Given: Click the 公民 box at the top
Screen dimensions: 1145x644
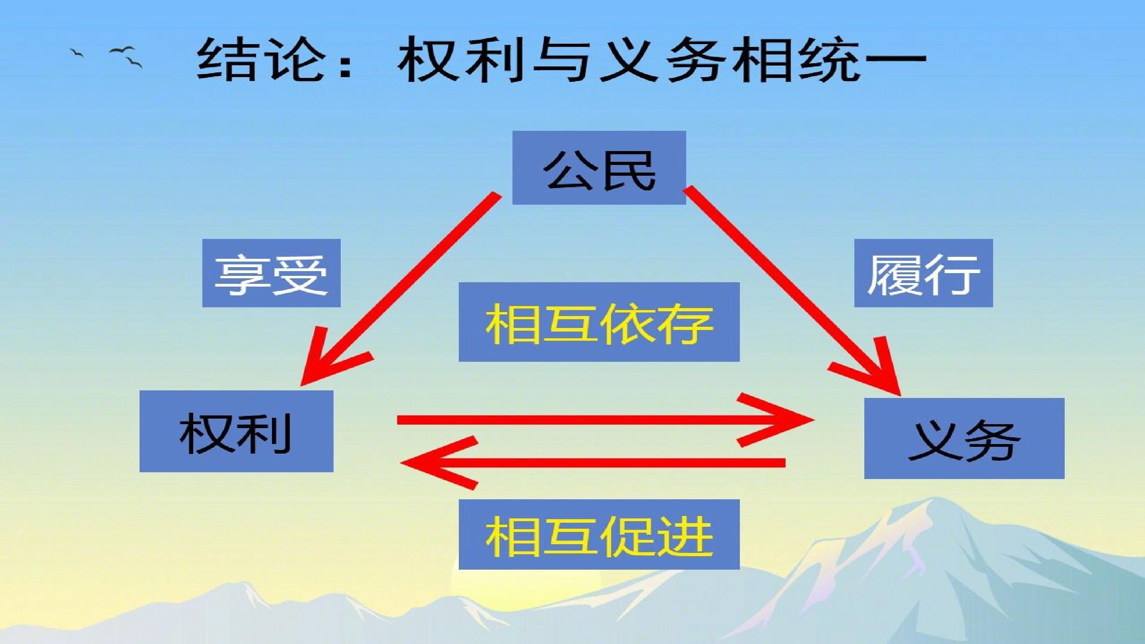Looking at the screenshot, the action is click(x=599, y=167).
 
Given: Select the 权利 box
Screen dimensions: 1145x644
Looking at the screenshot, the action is click(x=237, y=431).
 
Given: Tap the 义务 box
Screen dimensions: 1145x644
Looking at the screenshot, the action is click(x=964, y=438).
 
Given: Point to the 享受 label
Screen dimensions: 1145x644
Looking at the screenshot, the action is click(x=272, y=273).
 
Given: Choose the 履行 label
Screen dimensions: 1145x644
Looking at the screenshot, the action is click(x=924, y=273).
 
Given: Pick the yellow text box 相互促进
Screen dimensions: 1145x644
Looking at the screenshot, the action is click(x=599, y=535).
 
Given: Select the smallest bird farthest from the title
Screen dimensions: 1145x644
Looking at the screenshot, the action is click(x=76, y=53).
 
